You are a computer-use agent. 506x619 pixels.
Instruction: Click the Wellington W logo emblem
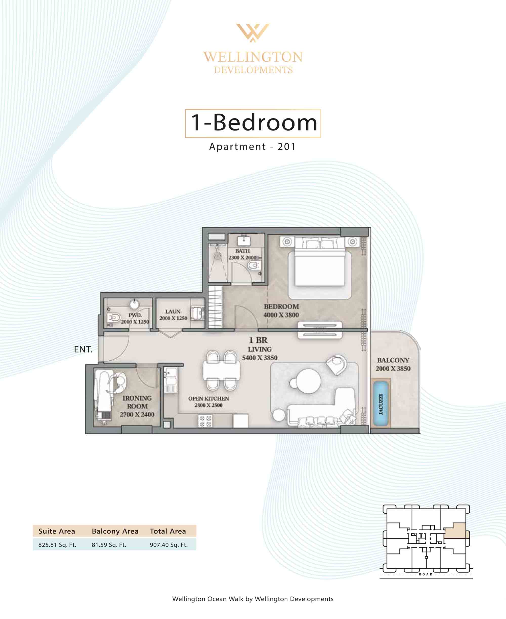click(253, 33)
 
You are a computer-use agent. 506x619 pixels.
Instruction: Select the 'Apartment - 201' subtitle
click(252, 146)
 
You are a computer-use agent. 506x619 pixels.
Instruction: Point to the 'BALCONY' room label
click(393, 360)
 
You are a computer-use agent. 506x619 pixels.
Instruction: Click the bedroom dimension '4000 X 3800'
click(281, 315)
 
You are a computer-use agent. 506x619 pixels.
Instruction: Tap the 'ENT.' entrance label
click(83, 349)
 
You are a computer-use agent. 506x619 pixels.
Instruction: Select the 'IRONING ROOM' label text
click(137, 402)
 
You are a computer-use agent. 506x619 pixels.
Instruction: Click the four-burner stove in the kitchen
click(205, 421)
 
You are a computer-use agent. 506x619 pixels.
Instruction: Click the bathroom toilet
click(254, 265)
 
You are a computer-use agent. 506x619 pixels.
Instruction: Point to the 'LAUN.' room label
click(173, 312)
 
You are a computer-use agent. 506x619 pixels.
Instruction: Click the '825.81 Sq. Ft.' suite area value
click(57, 545)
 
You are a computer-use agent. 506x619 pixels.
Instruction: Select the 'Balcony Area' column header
click(115, 531)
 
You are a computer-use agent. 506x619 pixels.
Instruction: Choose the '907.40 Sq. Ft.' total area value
click(169, 545)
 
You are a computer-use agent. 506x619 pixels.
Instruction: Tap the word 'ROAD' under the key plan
click(426, 574)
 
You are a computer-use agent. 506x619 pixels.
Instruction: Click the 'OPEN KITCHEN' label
click(208, 398)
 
